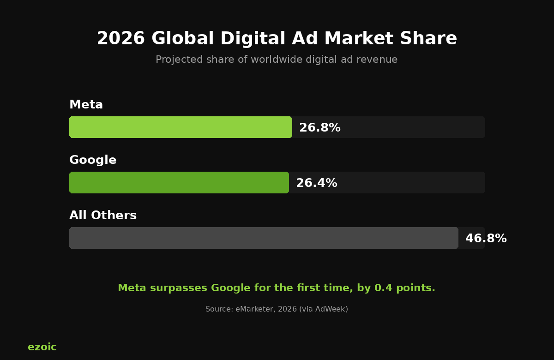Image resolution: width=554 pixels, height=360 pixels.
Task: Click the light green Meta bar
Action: pos(181,127)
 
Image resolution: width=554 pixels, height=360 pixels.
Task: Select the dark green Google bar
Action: pos(179,183)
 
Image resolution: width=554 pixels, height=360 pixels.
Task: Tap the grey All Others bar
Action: pos(264,238)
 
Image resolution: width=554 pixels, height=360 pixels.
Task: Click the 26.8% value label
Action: pos(319,128)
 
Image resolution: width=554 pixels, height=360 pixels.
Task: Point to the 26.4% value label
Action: pos(316,183)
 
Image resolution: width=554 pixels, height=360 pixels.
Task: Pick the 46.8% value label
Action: pos(486,239)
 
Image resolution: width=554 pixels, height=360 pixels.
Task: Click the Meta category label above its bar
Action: pos(86,105)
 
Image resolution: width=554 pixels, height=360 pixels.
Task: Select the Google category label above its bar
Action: pos(92,160)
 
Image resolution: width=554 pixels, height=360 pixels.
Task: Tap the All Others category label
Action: pos(102,216)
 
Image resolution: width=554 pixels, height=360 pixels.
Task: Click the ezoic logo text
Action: pos(42,347)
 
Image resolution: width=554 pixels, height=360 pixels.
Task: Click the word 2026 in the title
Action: pos(120,39)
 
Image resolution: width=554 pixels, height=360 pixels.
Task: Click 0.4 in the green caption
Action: pos(381,288)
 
